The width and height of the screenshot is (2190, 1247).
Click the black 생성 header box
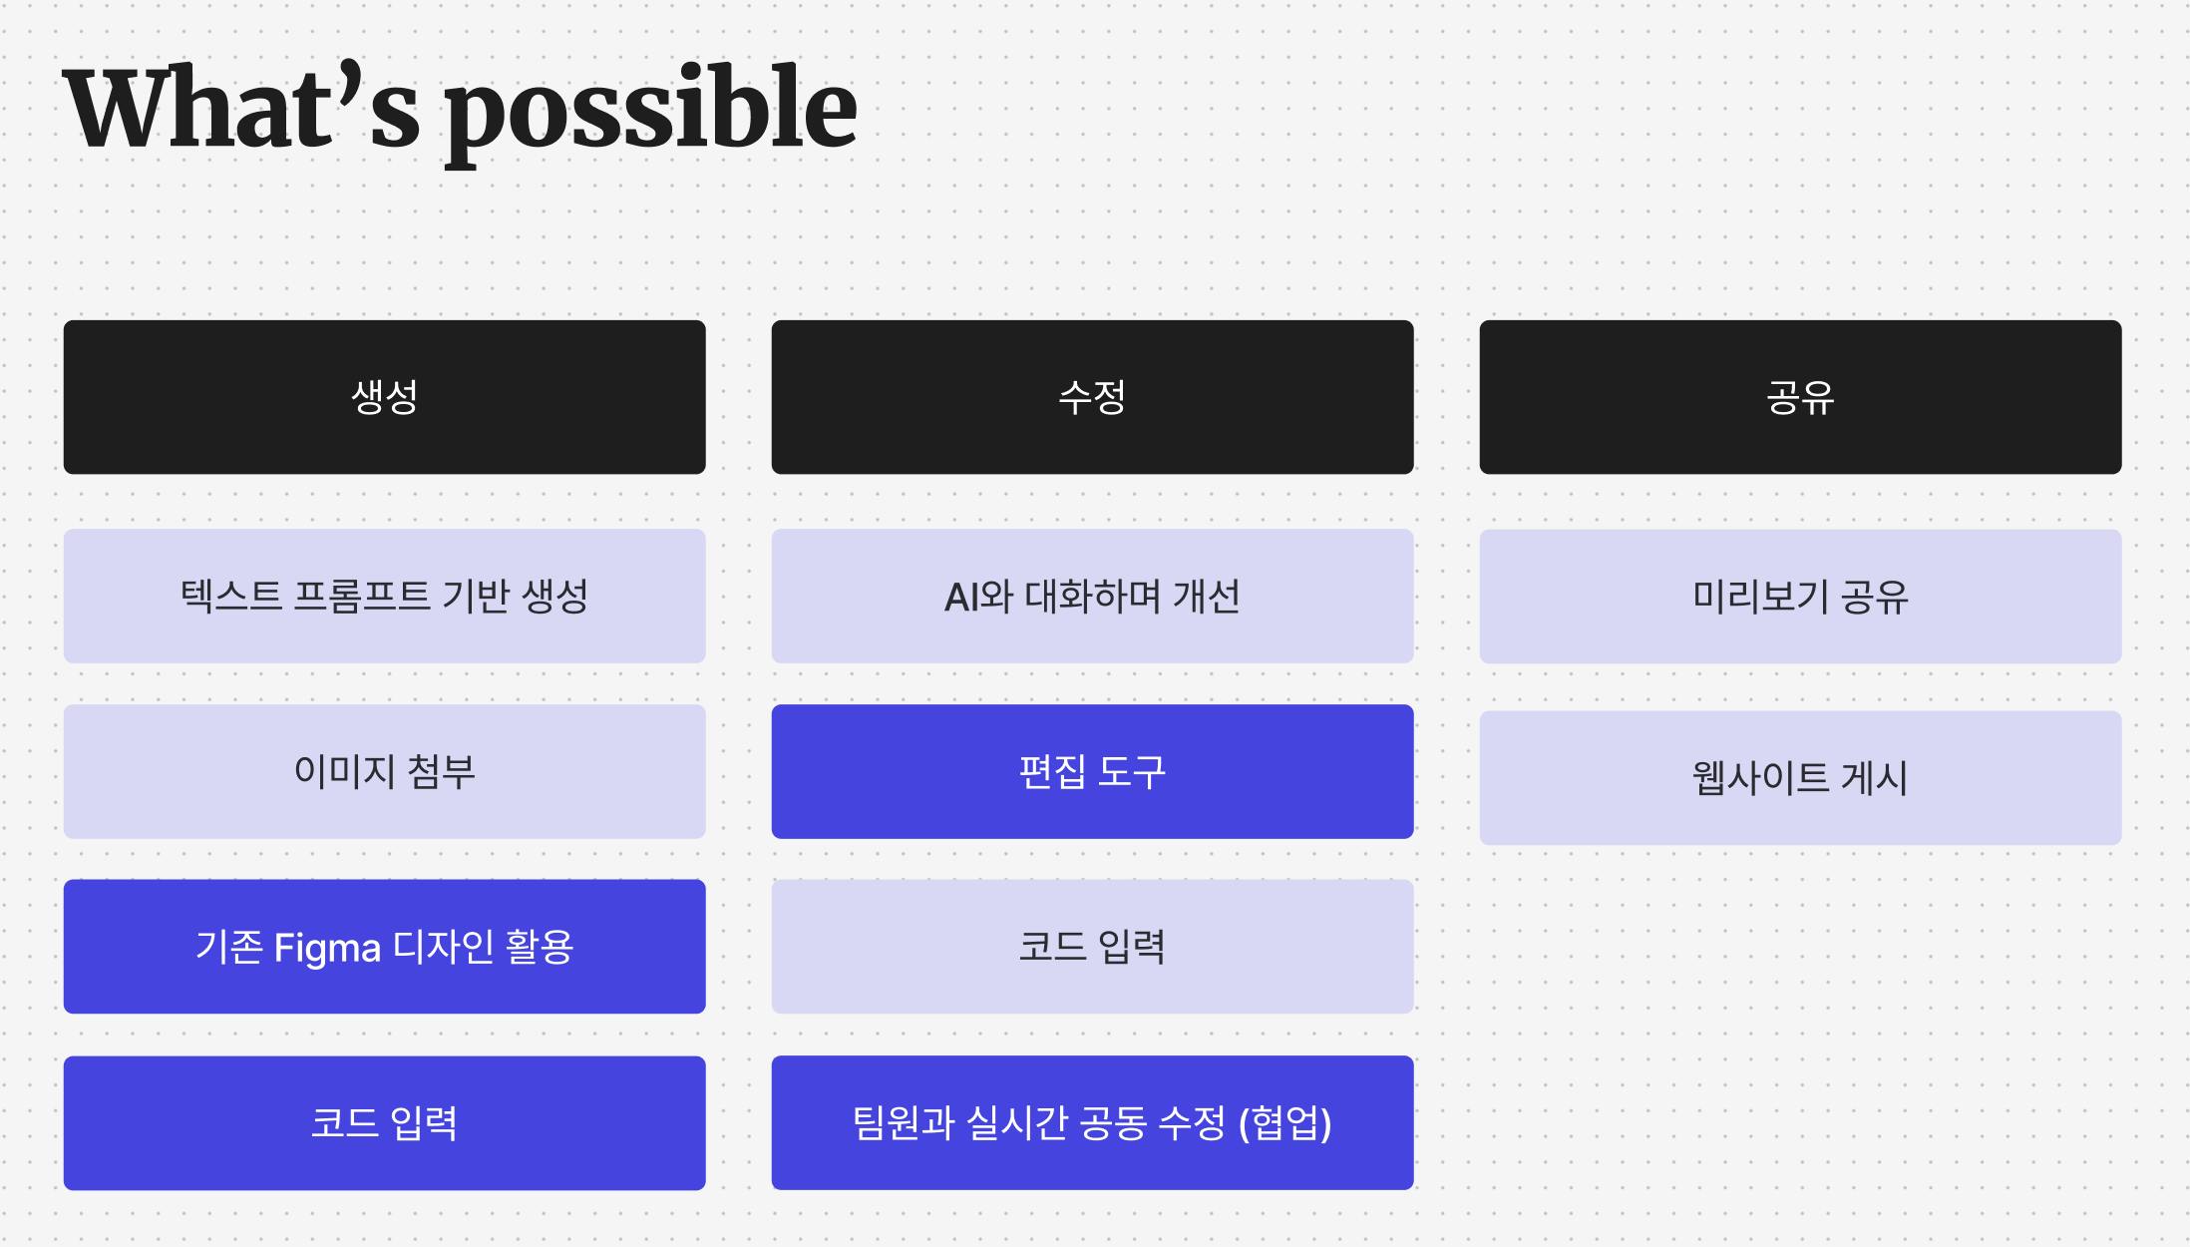coord(384,397)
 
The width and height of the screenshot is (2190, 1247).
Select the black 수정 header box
coord(1092,397)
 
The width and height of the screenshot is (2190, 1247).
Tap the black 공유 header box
coord(1800,397)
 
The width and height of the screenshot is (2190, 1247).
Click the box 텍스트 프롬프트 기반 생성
coord(384,597)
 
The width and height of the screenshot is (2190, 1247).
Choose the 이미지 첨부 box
coord(384,772)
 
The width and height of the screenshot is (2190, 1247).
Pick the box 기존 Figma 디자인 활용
coord(384,947)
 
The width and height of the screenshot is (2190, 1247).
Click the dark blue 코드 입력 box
coord(384,1123)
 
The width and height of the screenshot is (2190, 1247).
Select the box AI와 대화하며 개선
coord(1092,597)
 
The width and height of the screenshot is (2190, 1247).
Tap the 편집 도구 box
coord(1092,772)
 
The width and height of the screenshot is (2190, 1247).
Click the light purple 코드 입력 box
coord(1092,947)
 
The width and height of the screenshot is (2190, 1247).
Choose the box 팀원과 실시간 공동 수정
coord(1092,1123)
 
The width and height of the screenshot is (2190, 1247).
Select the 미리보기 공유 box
coord(1800,597)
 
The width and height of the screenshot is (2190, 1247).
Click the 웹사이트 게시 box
coord(1800,778)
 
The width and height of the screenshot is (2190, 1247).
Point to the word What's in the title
coord(241,107)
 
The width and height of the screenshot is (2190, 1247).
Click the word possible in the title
coord(651,114)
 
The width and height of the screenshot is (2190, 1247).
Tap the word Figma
coord(327,948)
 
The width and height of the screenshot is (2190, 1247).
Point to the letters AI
coord(961,598)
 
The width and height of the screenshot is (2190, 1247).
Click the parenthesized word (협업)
coord(1284,1123)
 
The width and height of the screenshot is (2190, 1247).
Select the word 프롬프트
coord(361,597)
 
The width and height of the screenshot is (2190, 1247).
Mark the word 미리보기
coord(1760,597)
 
